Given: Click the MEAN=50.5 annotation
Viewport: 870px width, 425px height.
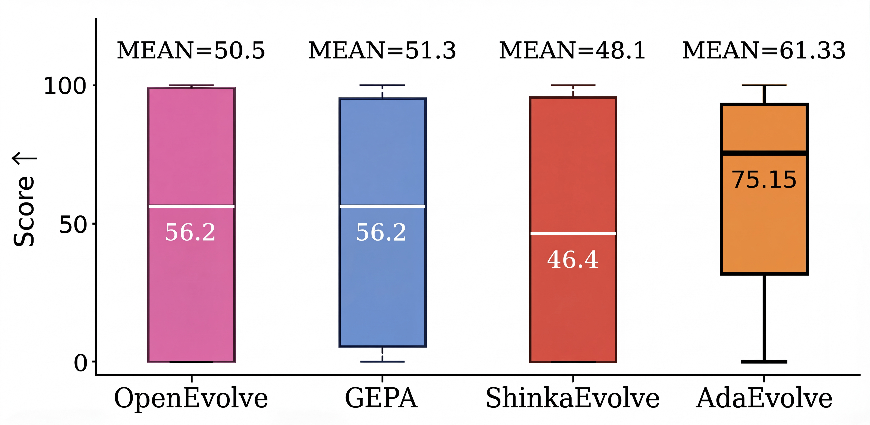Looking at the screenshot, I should click(x=191, y=51).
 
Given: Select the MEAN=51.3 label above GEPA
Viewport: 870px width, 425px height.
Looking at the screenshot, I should click(x=382, y=51).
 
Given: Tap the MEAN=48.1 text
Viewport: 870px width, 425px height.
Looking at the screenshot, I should click(x=572, y=51).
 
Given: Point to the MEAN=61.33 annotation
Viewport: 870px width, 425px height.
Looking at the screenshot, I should click(x=764, y=51).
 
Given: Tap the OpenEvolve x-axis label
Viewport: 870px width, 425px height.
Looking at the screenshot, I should click(x=191, y=398).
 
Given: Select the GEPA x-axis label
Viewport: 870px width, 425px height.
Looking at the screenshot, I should click(x=381, y=398).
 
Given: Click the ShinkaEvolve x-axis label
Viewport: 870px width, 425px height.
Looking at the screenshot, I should click(x=572, y=398).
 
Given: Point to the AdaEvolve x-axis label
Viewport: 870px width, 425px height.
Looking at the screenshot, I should click(x=764, y=398).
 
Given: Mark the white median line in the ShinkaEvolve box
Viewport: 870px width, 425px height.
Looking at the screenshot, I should click(x=573, y=233).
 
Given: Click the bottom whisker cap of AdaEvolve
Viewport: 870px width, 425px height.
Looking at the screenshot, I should click(x=764, y=362).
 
